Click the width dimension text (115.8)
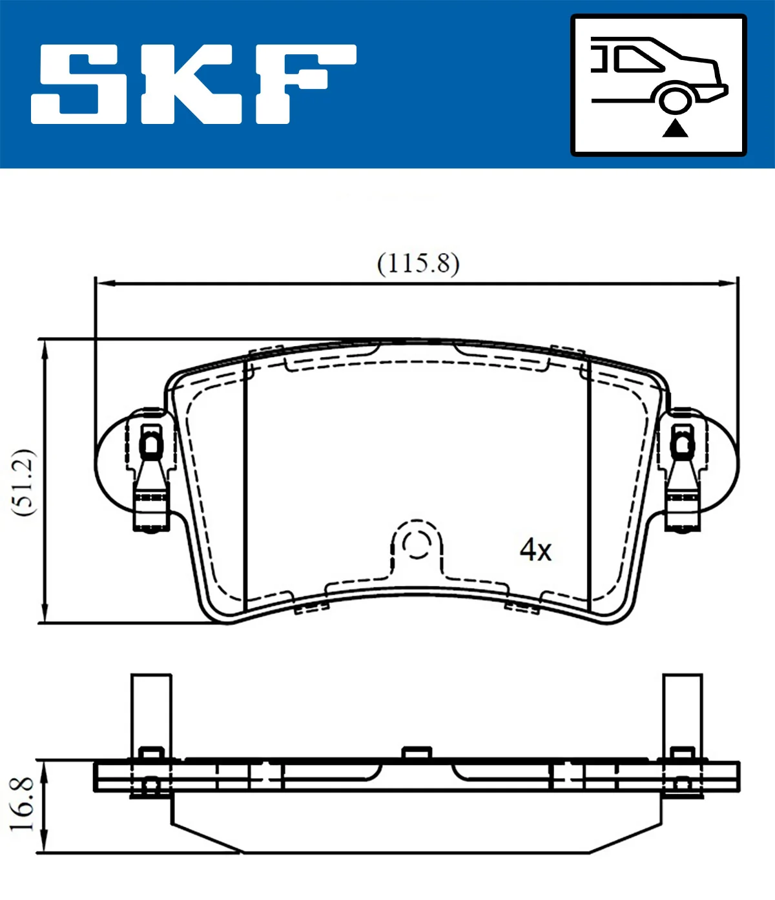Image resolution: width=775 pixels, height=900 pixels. pos(418,263)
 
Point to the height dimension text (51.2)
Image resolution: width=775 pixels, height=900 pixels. pos(25,481)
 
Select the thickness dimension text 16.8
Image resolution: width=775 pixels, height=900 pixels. pos(23,804)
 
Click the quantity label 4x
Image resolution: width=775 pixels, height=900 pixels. pos(535,550)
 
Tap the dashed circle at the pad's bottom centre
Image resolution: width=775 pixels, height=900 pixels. pos(417,544)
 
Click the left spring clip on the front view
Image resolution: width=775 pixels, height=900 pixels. pos(151,471)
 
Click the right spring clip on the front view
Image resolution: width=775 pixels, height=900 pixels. pos(682,471)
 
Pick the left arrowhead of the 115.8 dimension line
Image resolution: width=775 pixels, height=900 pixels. pos(103,283)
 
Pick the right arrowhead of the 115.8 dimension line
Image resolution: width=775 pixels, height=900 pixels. pos(730,283)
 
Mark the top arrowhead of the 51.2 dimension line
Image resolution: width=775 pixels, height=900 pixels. pos(44,349)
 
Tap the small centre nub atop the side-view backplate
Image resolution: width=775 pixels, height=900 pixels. pos(417,753)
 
